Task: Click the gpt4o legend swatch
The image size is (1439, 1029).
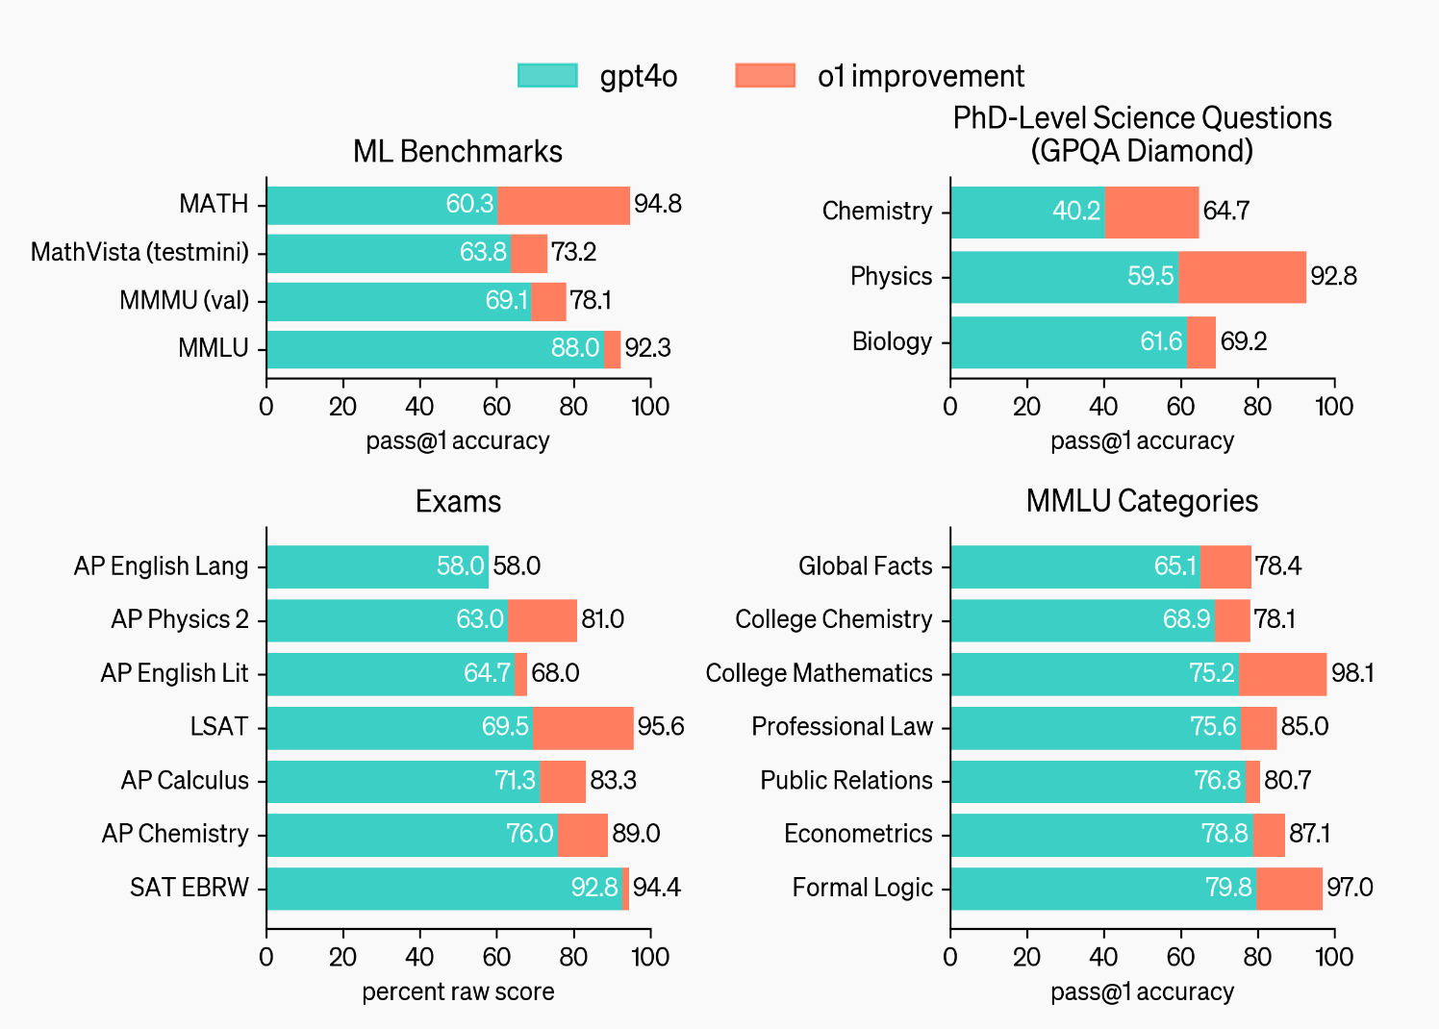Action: (x=547, y=76)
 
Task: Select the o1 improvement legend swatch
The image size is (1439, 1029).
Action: (x=765, y=76)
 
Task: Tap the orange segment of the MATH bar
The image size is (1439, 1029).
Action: (x=564, y=205)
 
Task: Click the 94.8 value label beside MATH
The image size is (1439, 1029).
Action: (x=658, y=205)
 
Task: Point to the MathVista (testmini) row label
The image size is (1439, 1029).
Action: (x=139, y=253)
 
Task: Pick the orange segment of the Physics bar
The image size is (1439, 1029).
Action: (x=1242, y=277)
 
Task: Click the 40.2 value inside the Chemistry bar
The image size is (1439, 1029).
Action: (x=1075, y=212)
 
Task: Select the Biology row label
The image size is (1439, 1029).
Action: (x=892, y=342)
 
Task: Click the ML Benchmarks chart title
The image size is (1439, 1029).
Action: (x=458, y=152)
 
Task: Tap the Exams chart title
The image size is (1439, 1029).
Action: (x=458, y=502)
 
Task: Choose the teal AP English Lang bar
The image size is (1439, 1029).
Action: (x=377, y=566)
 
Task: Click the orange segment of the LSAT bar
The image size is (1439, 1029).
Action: (x=583, y=727)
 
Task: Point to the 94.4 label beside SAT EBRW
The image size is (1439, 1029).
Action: (x=657, y=888)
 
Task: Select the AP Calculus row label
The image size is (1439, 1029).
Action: (x=185, y=781)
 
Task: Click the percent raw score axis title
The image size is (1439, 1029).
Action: (x=458, y=992)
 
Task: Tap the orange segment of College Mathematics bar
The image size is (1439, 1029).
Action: (x=1282, y=674)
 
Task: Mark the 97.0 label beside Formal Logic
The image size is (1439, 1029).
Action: (x=1350, y=888)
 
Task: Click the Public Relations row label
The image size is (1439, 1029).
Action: (x=846, y=781)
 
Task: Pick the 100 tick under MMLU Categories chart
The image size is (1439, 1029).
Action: (x=1334, y=957)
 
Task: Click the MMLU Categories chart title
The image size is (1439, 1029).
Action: (x=1142, y=502)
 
